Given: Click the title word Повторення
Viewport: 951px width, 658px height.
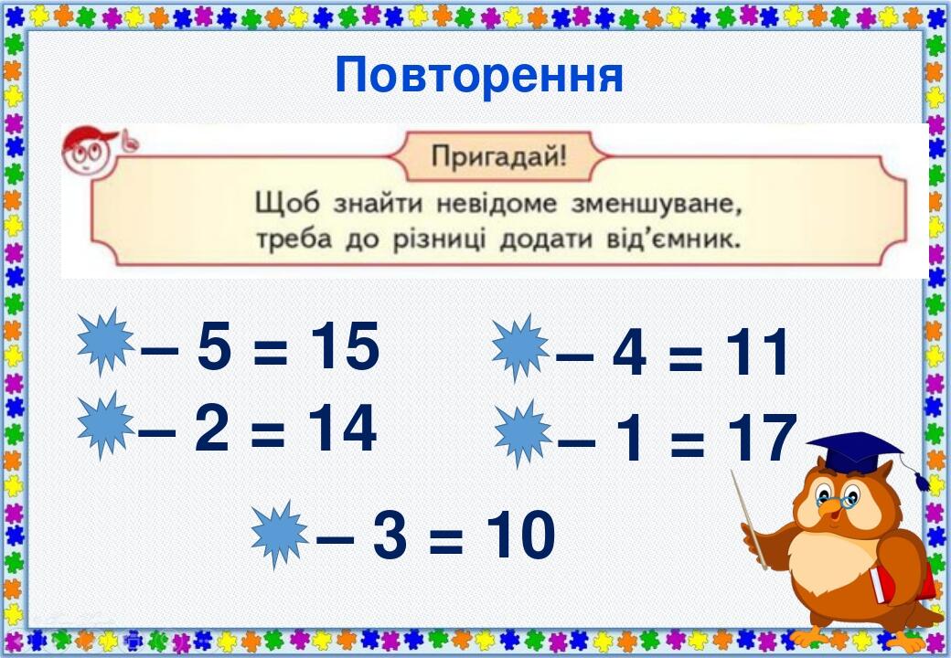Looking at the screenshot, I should [479, 76].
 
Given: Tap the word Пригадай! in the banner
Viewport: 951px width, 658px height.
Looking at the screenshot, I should [498, 155].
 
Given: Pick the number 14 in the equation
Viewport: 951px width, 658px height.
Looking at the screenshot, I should [341, 429].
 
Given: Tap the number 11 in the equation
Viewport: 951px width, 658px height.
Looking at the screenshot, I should [756, 354].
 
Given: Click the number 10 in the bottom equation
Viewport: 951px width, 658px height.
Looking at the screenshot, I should [519, 536].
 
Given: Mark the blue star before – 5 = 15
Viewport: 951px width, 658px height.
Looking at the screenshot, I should [105, 342].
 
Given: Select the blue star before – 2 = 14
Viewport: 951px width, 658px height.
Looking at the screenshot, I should [105, 424].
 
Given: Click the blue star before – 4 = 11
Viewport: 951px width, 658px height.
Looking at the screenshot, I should [520, 347].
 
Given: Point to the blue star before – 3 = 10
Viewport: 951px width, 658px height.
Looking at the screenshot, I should [280, 534].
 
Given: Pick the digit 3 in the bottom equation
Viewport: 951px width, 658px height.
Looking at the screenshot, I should [390, 537].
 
